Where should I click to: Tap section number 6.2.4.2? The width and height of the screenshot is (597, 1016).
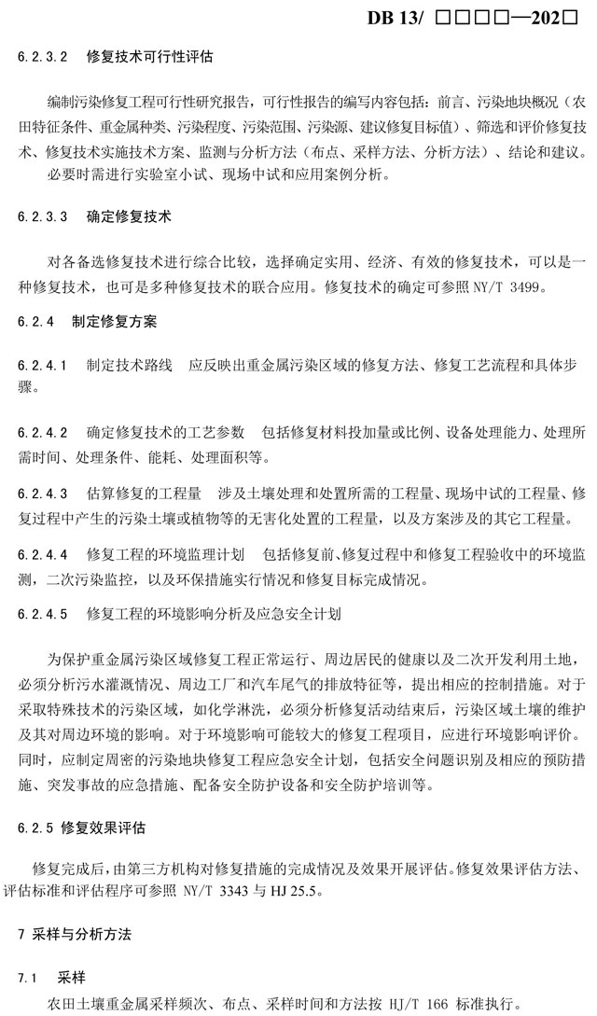(x=44, y=432)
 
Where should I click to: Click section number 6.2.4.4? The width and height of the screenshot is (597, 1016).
(x=44, y=554)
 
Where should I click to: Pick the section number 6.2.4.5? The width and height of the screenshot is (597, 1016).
(x=44, y=614)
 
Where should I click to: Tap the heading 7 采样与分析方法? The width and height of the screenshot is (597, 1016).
(x=76, y=934)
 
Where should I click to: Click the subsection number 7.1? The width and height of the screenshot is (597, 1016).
(x=27, y=978)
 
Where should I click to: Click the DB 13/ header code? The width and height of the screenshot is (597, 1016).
(x=396, y=17)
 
